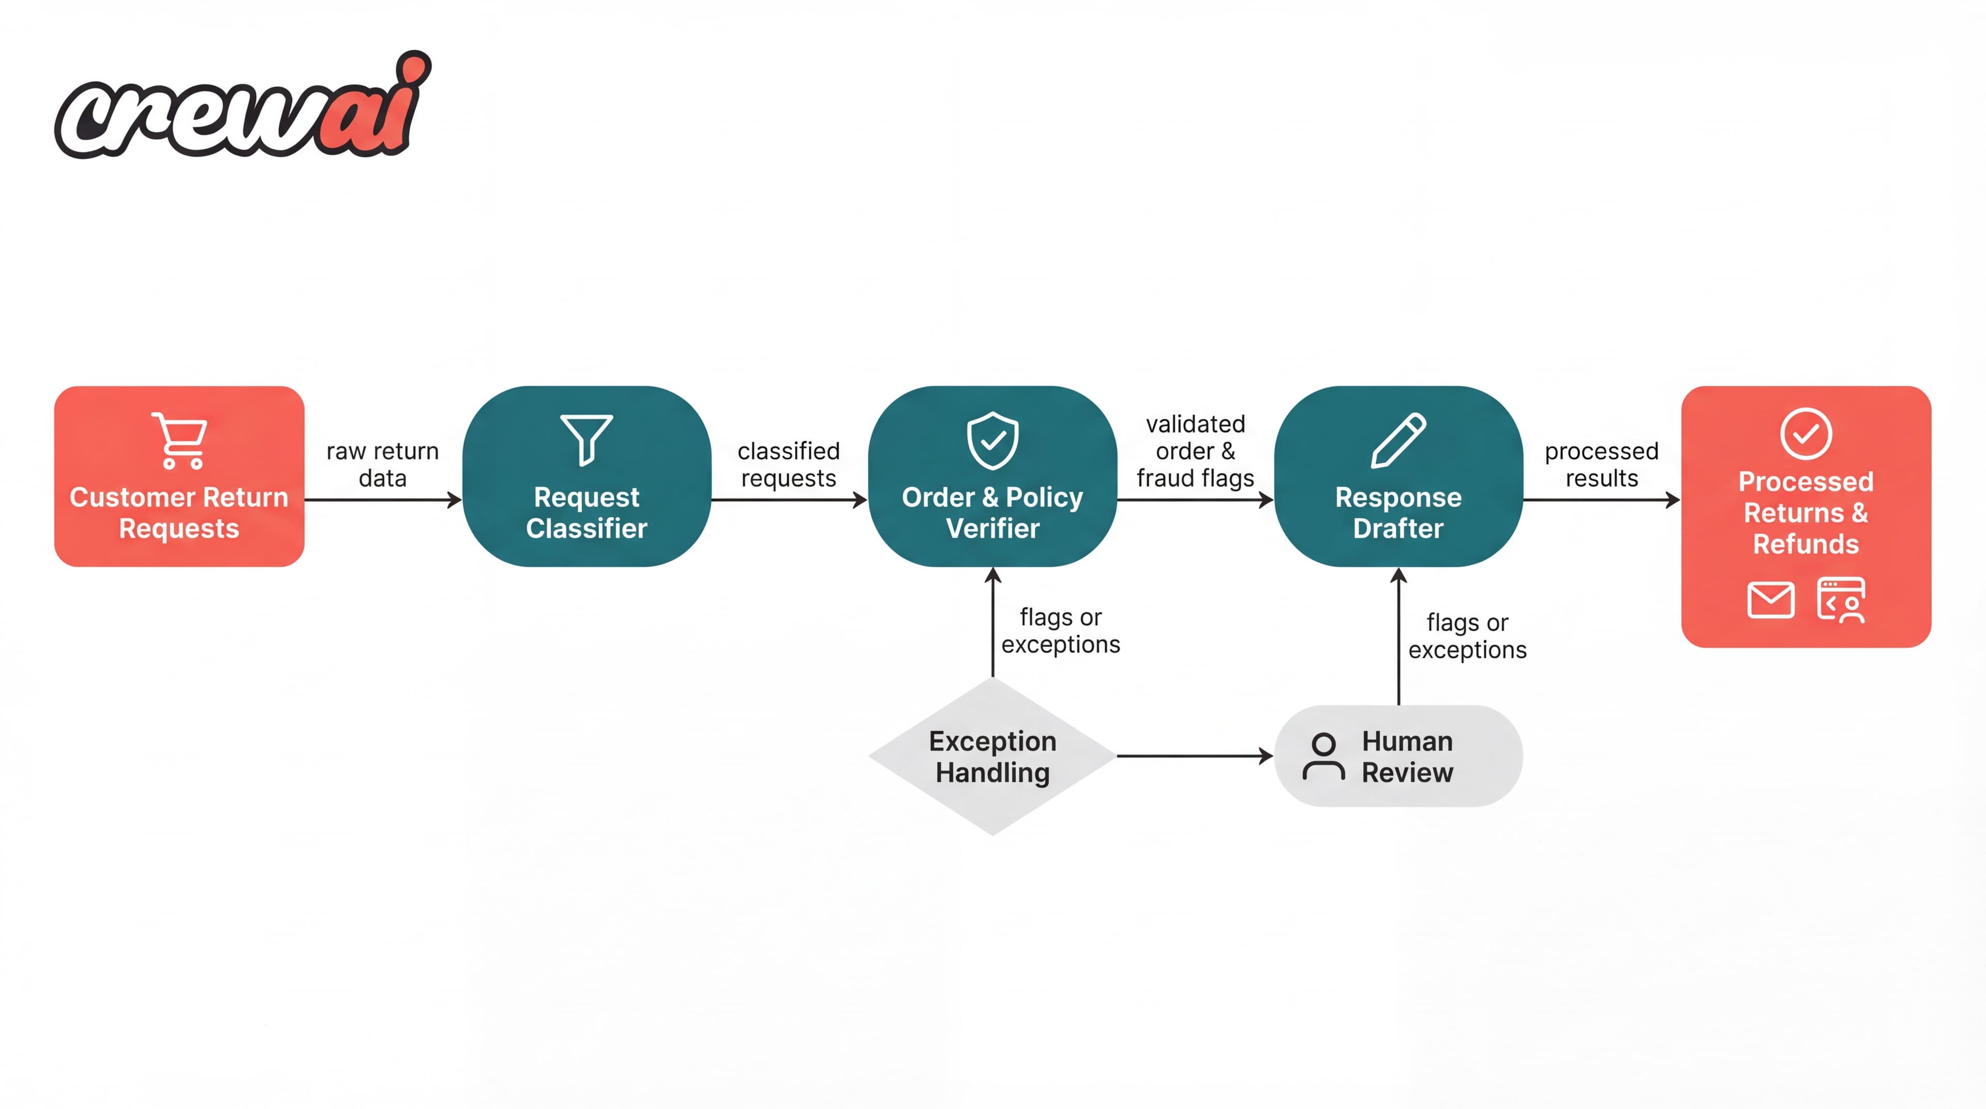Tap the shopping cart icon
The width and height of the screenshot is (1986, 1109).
pos(180,440)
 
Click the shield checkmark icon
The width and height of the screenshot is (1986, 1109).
pos(992,440)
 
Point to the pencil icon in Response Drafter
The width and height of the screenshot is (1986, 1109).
pos(1398,439)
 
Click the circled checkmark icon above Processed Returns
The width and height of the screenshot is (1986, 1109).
pos(1806,434)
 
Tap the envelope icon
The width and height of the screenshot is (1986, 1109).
pos(1770,600)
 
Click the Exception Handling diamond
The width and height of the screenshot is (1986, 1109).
pos(992,757)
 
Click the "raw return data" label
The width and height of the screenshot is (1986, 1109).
pos(382,464)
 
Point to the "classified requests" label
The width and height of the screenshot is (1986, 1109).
pos(788,464)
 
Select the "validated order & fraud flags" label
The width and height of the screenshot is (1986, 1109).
pos(1195,451)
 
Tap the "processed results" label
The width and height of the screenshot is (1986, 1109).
pos(1601,464)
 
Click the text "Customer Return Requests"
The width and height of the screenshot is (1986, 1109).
pos(179,513)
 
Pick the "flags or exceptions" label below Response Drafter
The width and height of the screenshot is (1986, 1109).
pos(1467,636)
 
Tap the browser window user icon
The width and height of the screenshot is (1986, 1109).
pos(1841,600)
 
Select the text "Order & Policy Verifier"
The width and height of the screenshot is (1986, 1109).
pos(992,513)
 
